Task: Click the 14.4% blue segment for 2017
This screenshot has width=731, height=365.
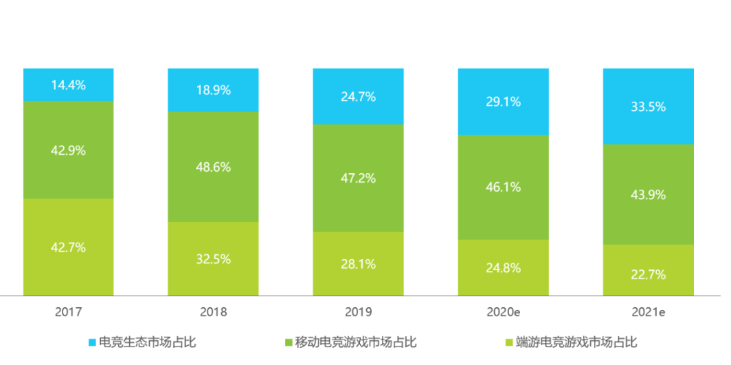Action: (x=69, y=85)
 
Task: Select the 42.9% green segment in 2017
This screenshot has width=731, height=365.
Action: (x=69, y=151)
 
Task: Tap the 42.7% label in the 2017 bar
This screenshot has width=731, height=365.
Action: (x=69, y=248)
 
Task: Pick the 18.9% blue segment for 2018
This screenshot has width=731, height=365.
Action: (x=214, y=91)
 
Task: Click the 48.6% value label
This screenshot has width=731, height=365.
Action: (x=214, y=167)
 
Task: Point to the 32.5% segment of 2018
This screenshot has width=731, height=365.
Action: (x=214, y=259)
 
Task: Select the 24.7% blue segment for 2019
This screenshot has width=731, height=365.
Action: (x=359, y=97)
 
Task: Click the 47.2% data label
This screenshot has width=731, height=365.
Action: (x=359, y=179)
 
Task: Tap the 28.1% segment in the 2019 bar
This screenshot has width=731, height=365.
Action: (x=359, y=264)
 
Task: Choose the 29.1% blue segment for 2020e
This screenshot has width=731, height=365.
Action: (x=504, y=102)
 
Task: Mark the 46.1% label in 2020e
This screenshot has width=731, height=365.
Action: (x=504, y=187)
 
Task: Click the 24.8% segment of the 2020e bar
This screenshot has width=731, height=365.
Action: (x=504, y=268)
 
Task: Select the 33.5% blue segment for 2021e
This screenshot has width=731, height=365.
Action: (x=649, y=107)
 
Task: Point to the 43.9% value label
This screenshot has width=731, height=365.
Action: (x=649, y=195)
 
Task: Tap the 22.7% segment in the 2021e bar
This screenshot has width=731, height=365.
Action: (x=649, y=274)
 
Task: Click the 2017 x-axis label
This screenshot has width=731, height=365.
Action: (x=69, y=312)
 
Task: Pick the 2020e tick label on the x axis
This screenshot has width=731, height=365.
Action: (x=504, y=312)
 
